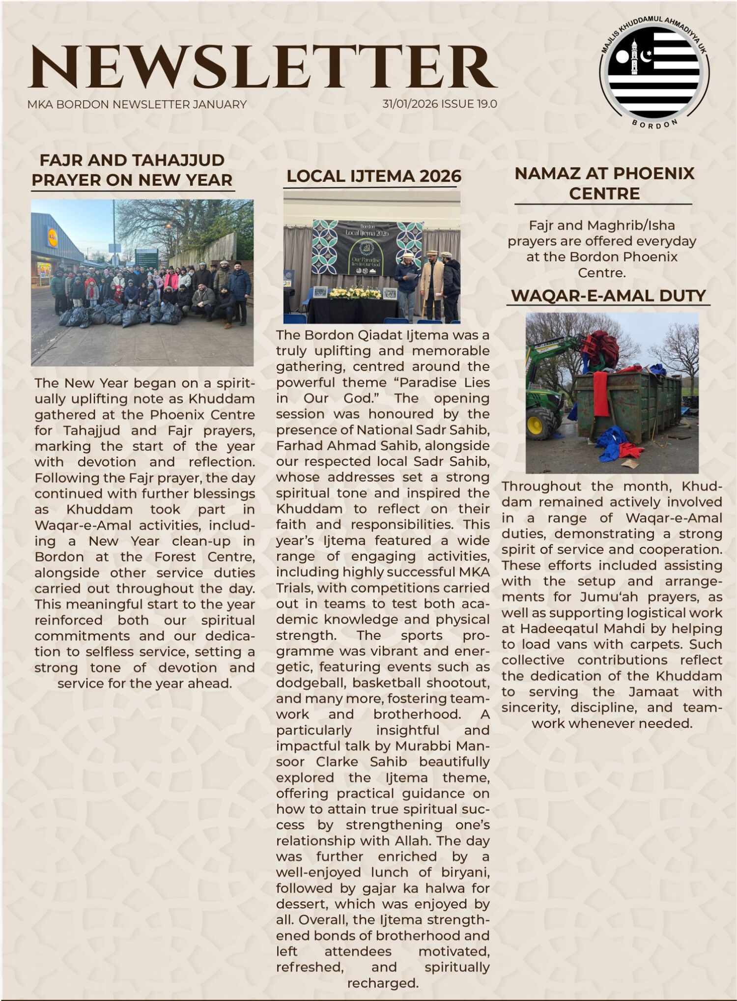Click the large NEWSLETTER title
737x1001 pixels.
(x=263, y=67)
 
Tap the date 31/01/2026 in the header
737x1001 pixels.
(x=410, y=104)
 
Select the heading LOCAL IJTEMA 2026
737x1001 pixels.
(x=374, y=176)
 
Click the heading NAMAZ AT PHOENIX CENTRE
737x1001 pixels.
(x=604, y=183)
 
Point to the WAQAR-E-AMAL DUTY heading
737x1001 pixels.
(x=608, y=295)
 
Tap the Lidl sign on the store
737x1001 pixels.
(x=52, y=236)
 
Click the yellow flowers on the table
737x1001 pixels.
(x=355, y=293)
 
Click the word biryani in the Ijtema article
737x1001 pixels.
(x=468, y=872)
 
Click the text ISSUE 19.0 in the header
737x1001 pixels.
(x=469, y=104)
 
